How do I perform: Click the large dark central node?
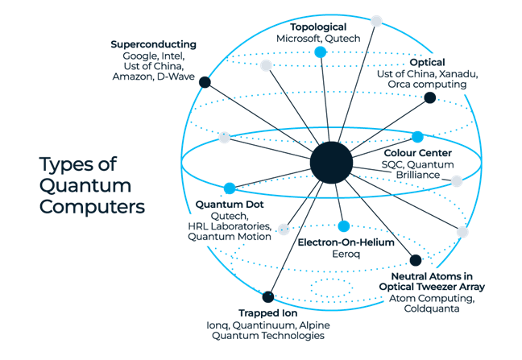[331, 161]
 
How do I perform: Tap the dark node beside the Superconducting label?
[205, 82]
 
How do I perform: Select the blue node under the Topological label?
[320, 52]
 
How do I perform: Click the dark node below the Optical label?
[430, 98]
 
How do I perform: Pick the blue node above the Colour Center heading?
[417, 137]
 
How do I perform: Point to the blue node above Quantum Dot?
[230, 188]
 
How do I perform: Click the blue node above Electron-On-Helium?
[344, 226]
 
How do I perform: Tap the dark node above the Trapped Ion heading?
[267, 298]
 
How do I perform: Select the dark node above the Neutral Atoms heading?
[415, 260]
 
